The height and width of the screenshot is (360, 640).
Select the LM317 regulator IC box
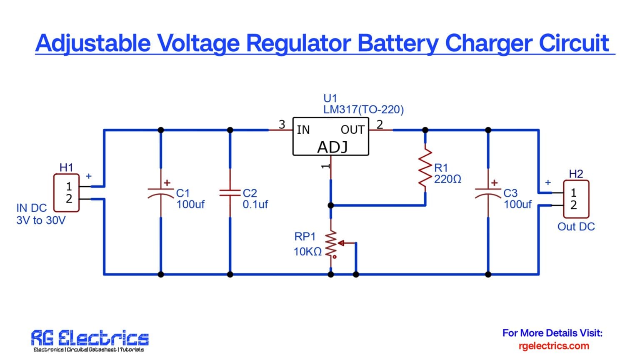tap(330, 136)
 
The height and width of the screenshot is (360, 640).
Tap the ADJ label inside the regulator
tap(332, 147)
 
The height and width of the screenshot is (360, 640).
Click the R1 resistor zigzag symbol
tap(425, 168)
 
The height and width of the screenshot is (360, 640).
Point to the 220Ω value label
tap(447, 180)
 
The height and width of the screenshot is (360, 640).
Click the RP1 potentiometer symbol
tap(331, 245)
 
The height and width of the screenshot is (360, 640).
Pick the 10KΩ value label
tap(307, 252)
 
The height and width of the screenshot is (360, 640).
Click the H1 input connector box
tap(67, 192)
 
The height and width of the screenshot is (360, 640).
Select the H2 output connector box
tap(576, 199)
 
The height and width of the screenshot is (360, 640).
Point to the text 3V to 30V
tap(41, 220)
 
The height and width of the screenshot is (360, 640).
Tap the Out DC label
tap(576, 227)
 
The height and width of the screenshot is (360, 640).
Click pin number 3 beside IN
tap(282, 124)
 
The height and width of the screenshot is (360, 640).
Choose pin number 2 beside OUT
tap(380, 124)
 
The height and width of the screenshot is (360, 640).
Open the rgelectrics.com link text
tap(554, 346)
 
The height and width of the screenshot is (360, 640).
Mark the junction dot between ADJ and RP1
tap(331, 205)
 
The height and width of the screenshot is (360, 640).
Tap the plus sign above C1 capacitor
tap(167, 182)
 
